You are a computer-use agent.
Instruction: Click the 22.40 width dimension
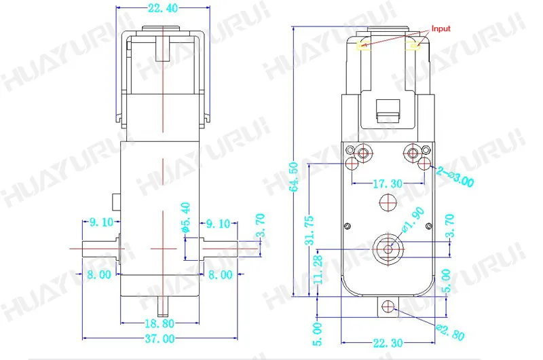tap(163, 8)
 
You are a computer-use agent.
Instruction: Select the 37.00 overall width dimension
tap(160, 338)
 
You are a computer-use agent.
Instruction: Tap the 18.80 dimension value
tap(160, 323)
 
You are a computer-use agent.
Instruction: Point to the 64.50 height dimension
tap(294, 177)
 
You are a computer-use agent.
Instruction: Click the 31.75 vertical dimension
tap(310, 230)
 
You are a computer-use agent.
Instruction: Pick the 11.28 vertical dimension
tap(318, 270)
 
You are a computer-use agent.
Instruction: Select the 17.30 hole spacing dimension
tap(388, 183)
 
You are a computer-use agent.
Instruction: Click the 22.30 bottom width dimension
tap(388, 343)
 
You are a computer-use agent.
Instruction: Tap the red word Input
tap(441, 29)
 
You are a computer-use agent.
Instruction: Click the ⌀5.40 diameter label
tap(186, 217)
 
